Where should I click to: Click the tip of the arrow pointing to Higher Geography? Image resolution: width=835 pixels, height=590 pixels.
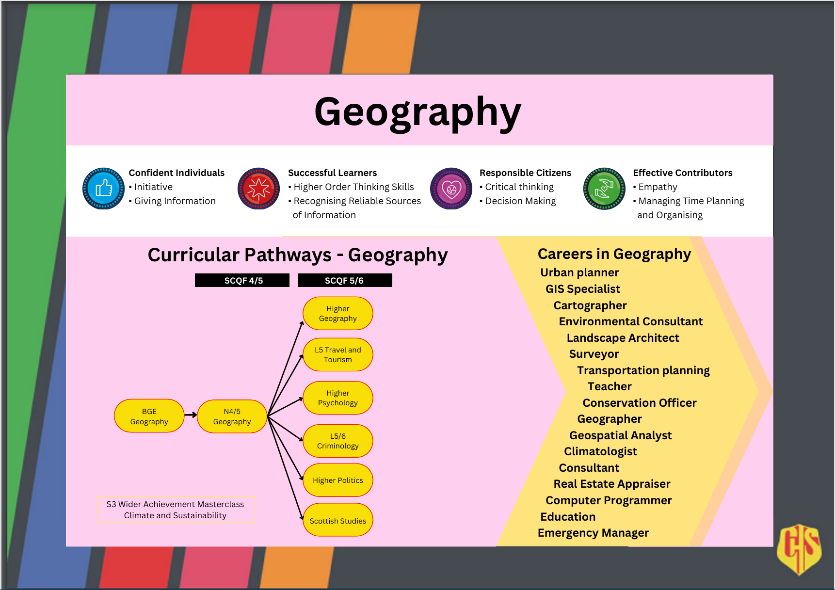coord(303,321)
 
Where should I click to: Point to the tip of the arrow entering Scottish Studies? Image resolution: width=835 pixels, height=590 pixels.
coord(303,520)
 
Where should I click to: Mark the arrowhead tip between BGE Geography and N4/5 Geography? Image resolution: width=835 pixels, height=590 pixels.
coord(197,415)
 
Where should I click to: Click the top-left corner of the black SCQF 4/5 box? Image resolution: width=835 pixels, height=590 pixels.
coord(195,273)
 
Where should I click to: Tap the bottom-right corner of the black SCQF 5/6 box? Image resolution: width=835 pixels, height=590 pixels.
coord(392,287)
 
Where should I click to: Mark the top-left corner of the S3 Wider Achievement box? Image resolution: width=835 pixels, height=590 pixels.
coord(98,496)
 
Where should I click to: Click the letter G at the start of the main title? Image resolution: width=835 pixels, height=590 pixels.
coord(333,112)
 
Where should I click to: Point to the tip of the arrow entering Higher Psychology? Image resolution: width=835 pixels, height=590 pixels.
coord(303,399)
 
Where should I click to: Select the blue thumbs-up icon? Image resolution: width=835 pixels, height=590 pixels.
coord(103,189)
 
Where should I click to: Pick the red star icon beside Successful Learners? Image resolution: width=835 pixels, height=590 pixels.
coord(258,189)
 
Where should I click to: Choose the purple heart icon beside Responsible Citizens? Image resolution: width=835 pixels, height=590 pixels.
coord(451,189)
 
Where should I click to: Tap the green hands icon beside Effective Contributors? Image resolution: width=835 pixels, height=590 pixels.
coord(604,189)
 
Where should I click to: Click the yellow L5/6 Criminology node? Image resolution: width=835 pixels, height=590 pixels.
coord(338,441)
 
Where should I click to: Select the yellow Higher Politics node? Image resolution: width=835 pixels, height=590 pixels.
coord(338,480)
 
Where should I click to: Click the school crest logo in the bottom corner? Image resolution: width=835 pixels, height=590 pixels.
coord(799,549)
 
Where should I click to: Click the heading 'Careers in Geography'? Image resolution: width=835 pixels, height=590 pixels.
coord(614,254)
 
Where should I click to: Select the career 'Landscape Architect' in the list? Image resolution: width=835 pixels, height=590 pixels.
coord(623,338)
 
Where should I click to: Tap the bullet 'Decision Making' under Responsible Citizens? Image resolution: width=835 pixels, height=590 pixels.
coord(518,201)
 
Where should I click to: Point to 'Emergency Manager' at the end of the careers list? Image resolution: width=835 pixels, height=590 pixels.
coord(593,533)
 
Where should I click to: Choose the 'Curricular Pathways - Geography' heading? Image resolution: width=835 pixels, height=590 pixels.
coord(298,255)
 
